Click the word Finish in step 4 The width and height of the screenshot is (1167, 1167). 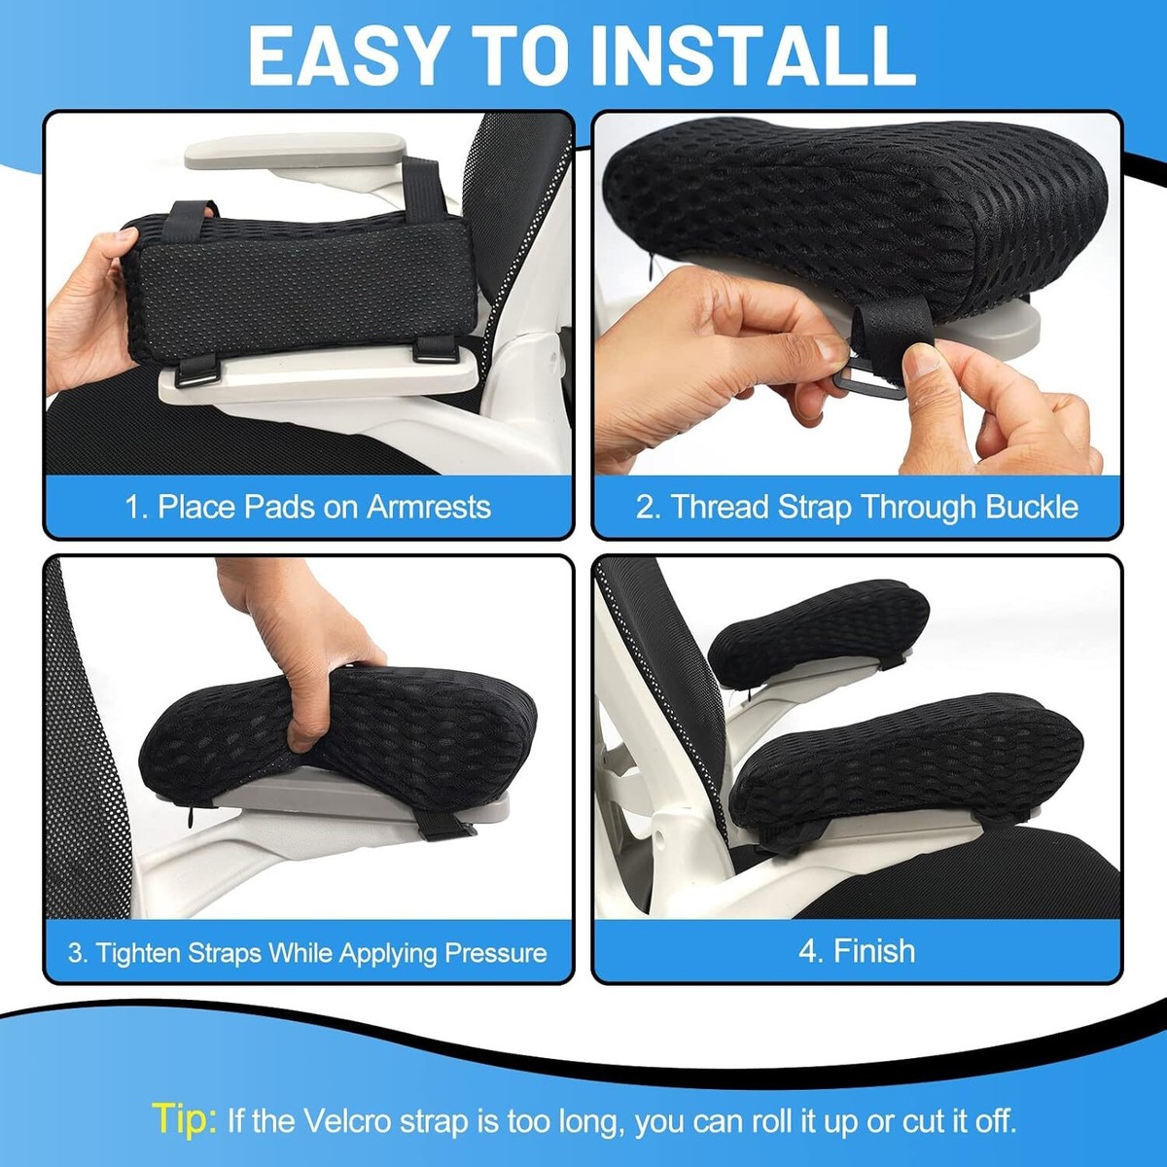point(874,950)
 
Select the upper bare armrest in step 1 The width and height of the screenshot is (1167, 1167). point(297,152)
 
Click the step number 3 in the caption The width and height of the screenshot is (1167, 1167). point(76,953)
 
